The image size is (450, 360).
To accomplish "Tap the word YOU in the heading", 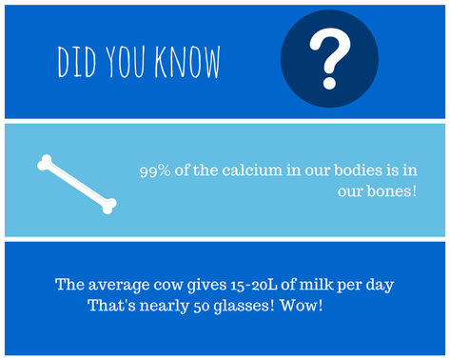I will tap(130, 61).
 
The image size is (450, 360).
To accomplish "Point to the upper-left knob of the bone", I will tap(45, 164).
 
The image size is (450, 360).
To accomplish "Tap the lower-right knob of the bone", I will tap(109, 203).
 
